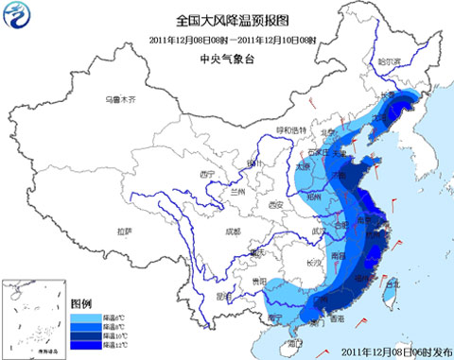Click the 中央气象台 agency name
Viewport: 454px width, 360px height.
pyautogui.click(x=225, y=58)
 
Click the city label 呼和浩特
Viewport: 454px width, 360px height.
pyautogui.click(x=291, y=129)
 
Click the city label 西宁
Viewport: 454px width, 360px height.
pyautogui.click(x=208, y=175)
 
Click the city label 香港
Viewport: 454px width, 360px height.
pyautogui.click(x=335, y=319)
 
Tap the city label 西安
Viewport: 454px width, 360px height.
pyautogui.click(x=275, y=205)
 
